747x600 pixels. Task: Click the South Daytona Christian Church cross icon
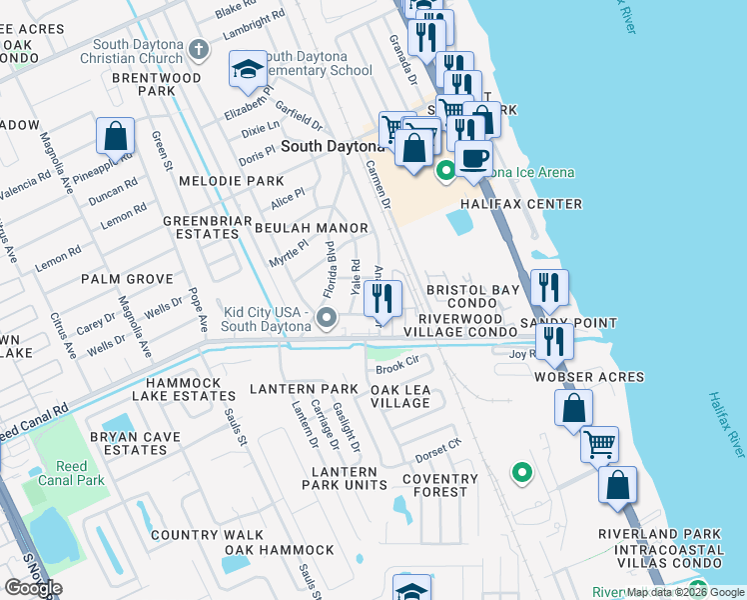tap(199, 49)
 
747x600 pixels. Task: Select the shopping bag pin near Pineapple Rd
tap(116, 136)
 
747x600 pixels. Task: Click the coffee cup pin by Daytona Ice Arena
tap(473, 157)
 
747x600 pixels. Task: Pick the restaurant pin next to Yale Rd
tap(381, 298)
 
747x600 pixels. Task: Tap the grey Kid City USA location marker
tap(326, 319)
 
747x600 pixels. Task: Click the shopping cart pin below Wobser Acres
tap(599, 444)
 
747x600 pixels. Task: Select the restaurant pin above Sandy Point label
tap(549, 287)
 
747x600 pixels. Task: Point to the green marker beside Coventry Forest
tap(519, 472)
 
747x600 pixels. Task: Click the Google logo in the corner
tap(33, 587)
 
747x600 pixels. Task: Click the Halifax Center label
tap(520, 204)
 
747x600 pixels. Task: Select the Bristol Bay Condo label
tap(473, 296)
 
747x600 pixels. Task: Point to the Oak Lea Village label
tap(400, 396)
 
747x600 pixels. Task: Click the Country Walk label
tap(207, 535)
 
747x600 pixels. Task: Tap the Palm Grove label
tap(127, 279)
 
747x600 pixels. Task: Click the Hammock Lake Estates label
tap(190, 389)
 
